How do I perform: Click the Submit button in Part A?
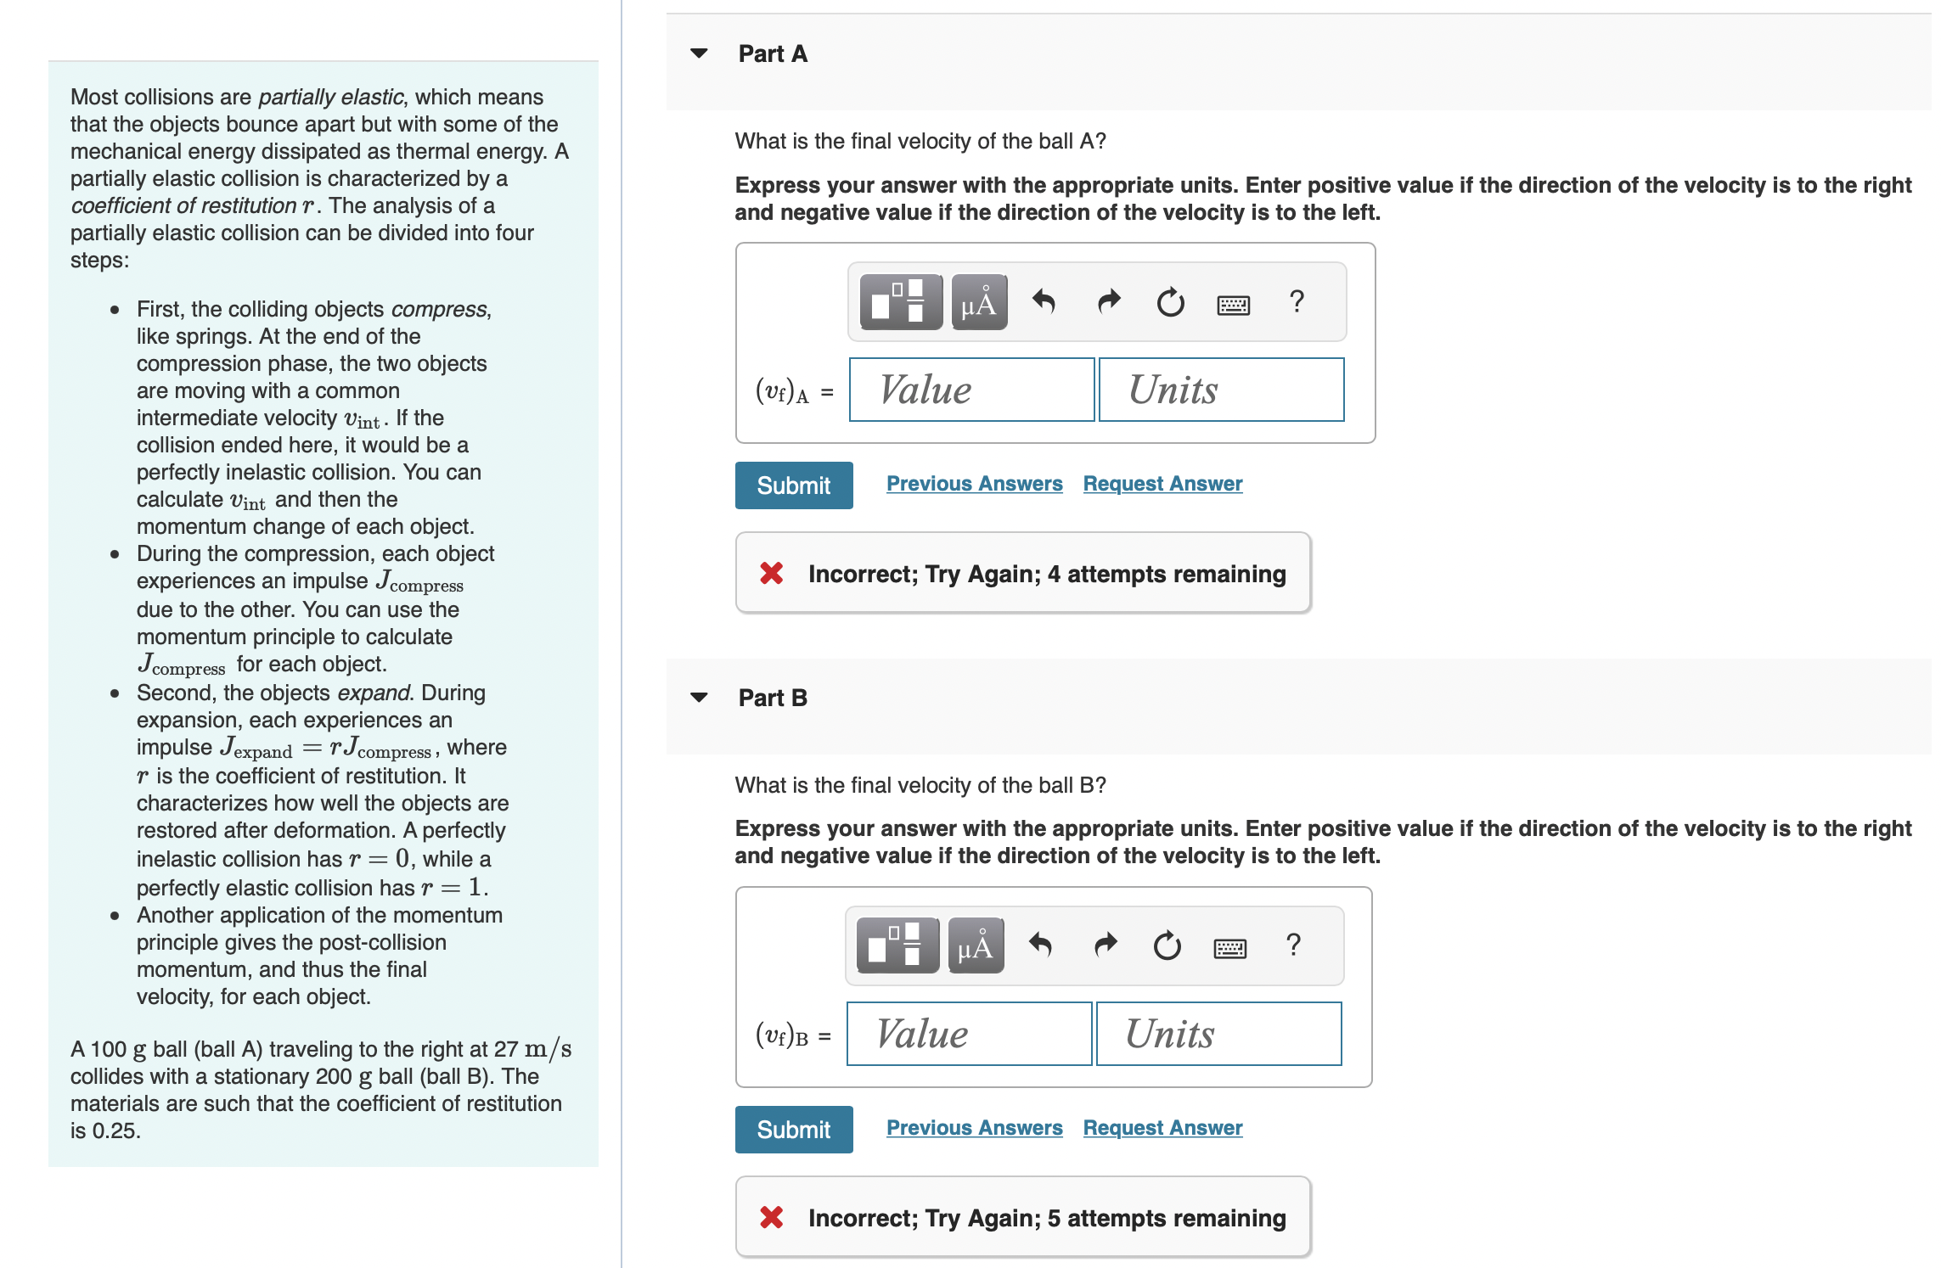coord(793,485)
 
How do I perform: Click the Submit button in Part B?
coord(793,1130)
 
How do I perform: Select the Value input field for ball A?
coord(971,390)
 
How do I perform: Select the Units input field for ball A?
coord(1221,390)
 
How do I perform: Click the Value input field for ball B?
coord(969,1034)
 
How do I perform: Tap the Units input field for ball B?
coord(1218,1034)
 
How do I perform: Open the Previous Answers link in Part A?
coord(974,484)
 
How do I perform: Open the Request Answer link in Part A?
coord(1162,484)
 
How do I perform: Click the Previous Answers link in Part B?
coord(974,1128)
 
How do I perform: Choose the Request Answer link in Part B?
coord(1162,1128)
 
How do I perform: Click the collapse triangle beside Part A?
coord(699,53)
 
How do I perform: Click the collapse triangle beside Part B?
coord(699,698)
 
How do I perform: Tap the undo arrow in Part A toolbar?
coord(1044,301)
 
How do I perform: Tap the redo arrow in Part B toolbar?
coord(1106,945)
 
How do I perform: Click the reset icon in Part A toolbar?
coord(1170,301)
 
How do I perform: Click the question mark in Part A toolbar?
coord(1297,301)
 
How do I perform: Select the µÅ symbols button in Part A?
coord(979,301)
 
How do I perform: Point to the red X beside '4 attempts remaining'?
coord(772,574)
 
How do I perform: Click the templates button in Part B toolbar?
coord(897,945)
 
